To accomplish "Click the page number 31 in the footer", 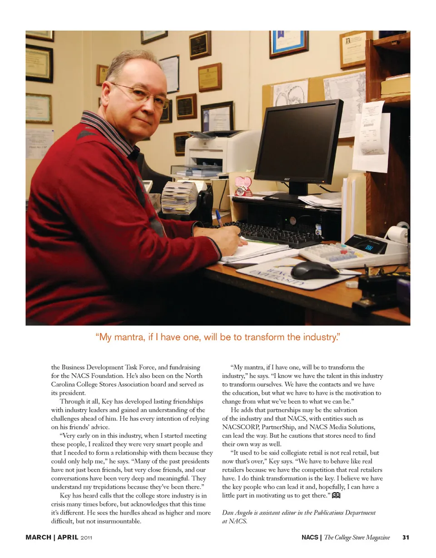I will (x=406, y=538).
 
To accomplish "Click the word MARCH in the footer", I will (x=38, y=538).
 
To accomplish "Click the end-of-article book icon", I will (x=337, y=496).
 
